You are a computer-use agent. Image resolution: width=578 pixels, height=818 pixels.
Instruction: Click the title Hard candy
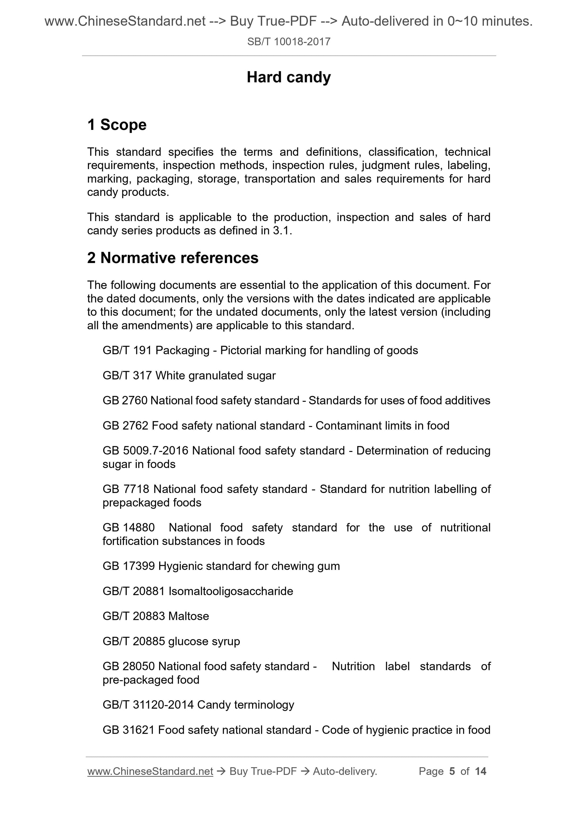coord(288,77)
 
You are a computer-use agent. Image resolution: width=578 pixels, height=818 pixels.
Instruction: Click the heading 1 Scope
coord(117,125)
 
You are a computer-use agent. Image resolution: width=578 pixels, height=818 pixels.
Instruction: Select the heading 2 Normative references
coord(173,258)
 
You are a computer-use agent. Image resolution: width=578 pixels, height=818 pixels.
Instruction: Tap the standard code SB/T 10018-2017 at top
coord(288,42)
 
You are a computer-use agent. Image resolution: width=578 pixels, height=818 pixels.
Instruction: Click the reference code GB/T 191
coord(127,351)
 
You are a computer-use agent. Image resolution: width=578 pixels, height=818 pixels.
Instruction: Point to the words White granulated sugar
coord(215,376)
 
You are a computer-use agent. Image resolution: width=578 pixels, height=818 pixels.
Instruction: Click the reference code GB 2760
coord(125,401)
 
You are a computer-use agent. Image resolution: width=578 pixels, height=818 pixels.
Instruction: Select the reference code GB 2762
coord(125,426)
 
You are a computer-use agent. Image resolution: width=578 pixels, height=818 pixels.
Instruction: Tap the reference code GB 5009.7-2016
coord(145,451)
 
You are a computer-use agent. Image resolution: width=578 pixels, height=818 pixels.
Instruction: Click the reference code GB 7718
coord(126,489)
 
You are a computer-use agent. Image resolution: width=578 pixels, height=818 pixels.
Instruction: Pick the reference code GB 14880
coord(129,528)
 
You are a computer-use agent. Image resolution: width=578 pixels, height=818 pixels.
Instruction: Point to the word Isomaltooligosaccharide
coord(230,591)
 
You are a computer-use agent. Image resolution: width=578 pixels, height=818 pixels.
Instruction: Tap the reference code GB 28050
coord(129,666)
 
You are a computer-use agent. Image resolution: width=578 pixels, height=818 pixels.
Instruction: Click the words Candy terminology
coord(245,705)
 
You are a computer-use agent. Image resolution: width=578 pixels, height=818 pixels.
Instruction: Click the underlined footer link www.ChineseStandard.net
coord(150,771)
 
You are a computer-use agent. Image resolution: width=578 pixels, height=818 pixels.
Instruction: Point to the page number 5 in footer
coord(452,771)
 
